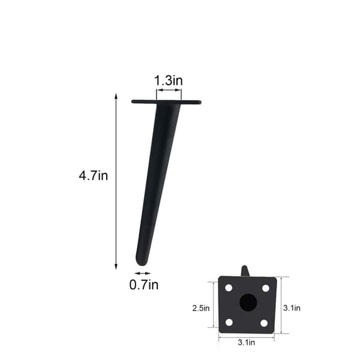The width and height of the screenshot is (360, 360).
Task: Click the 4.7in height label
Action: tap(93, 176)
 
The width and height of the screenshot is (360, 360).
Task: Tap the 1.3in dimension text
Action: tap(168, 80)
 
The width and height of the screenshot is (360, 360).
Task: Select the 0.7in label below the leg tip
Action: tap(144, 285)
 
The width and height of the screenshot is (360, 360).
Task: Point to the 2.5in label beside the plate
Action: tap(201, 308)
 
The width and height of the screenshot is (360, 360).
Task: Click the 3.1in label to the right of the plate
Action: tap(292, 308)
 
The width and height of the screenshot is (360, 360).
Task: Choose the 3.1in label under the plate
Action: tap(246, 343)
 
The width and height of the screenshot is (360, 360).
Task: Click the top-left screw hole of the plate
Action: tap(229, 288)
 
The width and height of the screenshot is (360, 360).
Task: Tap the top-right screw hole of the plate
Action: tap(266, 288)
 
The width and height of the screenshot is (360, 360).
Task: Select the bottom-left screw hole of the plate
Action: tap(229, 322)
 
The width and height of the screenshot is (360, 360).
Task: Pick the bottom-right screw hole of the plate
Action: tap(264, 323)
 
